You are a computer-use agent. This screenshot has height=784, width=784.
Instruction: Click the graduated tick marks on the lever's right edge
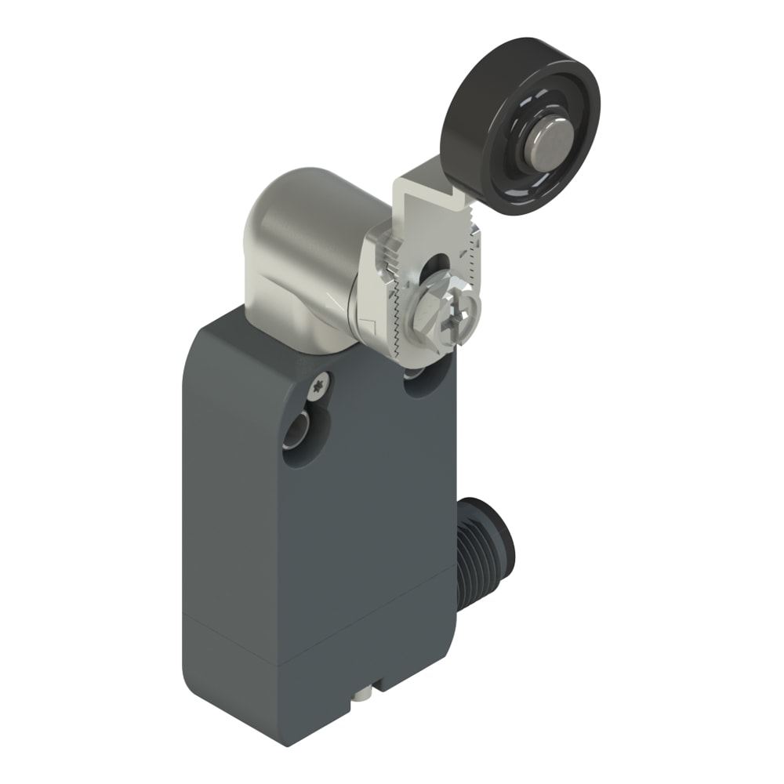click(473, 251)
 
